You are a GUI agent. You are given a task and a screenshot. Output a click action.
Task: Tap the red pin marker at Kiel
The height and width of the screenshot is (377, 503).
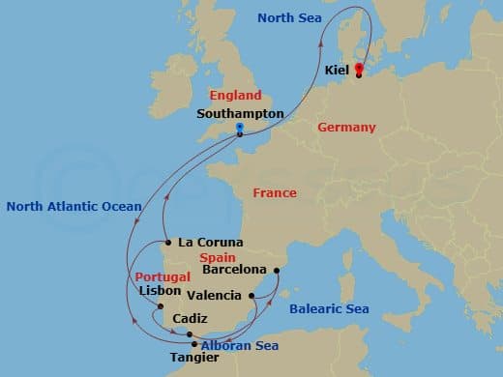pyautogui.click(x=358, y=69)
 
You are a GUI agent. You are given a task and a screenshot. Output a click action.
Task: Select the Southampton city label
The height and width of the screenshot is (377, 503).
pyautogui.click(x=240, y=114)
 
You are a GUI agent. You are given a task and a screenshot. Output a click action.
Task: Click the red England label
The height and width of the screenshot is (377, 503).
pyautogui.click(x=235, y=96)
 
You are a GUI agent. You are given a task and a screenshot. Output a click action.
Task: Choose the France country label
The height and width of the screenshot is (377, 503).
pyautogui.click(x=275, y=193)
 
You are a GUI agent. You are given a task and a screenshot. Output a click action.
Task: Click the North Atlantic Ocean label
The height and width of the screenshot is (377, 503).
pyautogui.click(x=74, y=206)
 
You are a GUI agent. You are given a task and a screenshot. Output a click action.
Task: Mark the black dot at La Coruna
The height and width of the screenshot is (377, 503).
pyautogui.click(x=168, y=242)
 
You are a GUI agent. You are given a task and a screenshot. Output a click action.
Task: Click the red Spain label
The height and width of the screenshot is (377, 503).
pyautogui.click(x=217, y=258)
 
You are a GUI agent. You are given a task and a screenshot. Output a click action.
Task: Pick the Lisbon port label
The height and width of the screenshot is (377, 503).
pyautogui.click(x=160, y=290)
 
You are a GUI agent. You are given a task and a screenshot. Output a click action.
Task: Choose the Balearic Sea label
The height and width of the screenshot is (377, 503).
pyautogui.click(x=329, y=309)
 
